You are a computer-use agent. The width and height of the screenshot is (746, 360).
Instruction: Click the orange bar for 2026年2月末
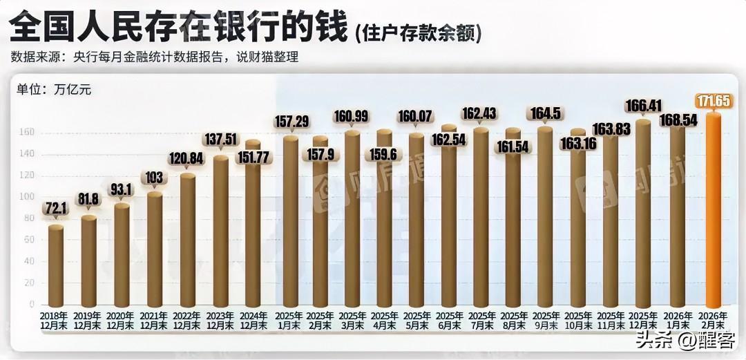pos(713,211)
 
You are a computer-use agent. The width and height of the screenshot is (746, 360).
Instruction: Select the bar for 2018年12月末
pos(56,266)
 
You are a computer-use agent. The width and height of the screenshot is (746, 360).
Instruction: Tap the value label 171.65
pos(714,102)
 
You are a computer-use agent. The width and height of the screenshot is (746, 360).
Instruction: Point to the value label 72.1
pos(56,208)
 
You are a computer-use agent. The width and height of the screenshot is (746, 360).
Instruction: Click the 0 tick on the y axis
pos(31,304)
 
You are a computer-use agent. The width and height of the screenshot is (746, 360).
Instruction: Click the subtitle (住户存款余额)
pos(418,32)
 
